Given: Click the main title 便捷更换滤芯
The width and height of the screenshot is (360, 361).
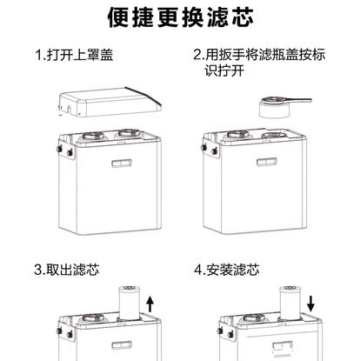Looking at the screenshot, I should pos(180,17).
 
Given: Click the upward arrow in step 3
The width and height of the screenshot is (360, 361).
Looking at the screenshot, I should pos(150,304).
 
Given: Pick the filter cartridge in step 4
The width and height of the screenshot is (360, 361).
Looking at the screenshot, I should pos(289,304).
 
